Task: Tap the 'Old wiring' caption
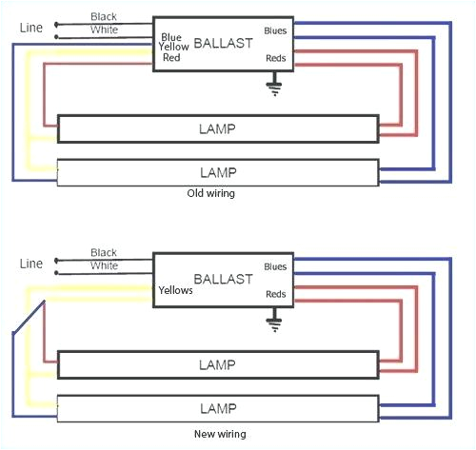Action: pyautogui.click(x=212, y=193)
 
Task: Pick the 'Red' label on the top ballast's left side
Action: pyautogui.click(x=171, y=57)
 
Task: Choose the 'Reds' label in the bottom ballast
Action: pyautogui.click(x=275, y=295)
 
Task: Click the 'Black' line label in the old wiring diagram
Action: pyautogui.click(x=105, y=17)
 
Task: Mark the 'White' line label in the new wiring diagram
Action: pyautogui.click(x=105, y=266)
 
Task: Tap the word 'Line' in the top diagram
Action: pyautogui.click(x=30, y=27)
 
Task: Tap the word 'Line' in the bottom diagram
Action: pyautogui.click(x=30, y=263)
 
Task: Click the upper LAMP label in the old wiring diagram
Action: pyautogui.click(x=218, y=127)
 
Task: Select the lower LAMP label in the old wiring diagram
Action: pyautogui.click(x=218, y=172)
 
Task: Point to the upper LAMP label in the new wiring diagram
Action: pyautogui.click(x=218, y=364)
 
